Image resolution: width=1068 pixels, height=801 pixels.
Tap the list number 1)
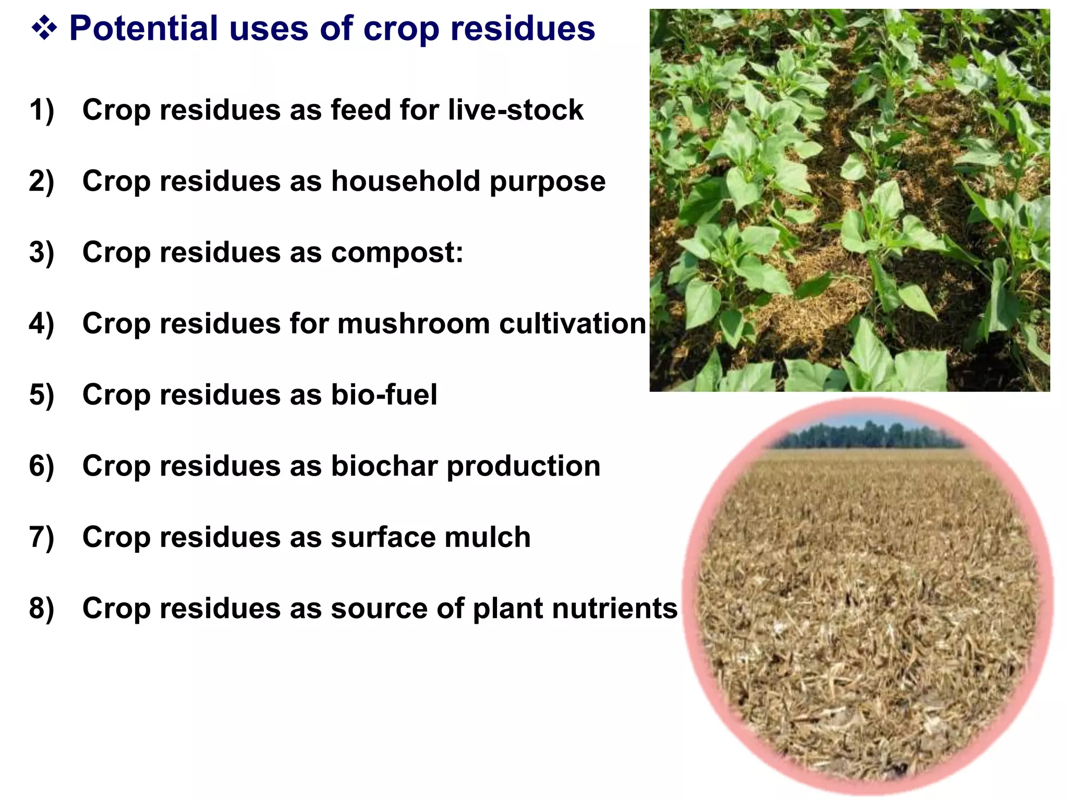pos(42,110)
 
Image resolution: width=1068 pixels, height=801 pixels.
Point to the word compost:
pos(397,253)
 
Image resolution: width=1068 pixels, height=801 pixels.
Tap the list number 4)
pos(42,324)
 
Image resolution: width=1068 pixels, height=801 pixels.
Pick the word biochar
pos(384,466)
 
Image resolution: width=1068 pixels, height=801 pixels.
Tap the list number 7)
pos(42,537)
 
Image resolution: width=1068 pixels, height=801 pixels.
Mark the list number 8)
pos(42,609)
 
